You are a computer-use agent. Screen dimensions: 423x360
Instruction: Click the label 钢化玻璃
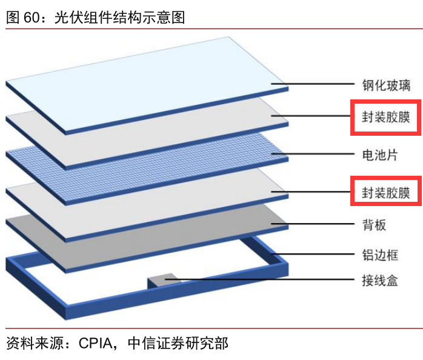point(386,85)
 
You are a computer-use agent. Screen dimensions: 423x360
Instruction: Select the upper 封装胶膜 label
point(386,117)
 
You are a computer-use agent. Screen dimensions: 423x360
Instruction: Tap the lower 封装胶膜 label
point(386,193)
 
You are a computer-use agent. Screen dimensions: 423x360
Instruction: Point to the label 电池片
point(380,155)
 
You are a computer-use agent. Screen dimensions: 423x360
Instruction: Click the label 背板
point(374,225)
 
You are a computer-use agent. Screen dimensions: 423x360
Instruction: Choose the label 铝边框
point(380,255)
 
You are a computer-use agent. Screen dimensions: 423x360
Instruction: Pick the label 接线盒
point(380,281)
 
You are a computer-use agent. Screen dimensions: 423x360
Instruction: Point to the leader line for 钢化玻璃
point(313,84)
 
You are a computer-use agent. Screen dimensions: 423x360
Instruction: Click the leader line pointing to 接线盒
point(259,279)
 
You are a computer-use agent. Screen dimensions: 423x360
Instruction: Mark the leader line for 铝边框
point(313,254)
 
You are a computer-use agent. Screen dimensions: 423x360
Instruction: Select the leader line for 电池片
point(313,154)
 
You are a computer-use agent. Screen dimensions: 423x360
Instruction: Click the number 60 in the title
point(32,17)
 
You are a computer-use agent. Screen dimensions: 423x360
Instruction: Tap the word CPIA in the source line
point(96,344)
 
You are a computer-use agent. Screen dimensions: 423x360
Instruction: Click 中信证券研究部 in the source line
point(178,343)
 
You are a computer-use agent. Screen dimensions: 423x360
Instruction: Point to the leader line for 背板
point(313,224)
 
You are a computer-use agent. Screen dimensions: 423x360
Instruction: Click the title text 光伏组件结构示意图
point(120,17)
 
